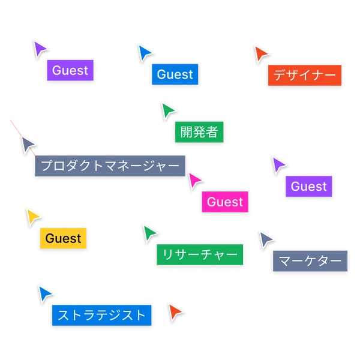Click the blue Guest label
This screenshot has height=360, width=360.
pyautogui.click(x=175, y=74)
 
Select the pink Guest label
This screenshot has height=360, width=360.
pyautogui.click(x=225, y=202)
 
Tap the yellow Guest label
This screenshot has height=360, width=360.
pyautogui.click(x=63, y=238)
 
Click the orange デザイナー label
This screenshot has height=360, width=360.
pyautogui.click(x=304, y=76)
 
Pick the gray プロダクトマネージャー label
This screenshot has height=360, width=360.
pyautogui.click(x=109, y=166)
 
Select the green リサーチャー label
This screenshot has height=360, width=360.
pyautogui.click(x=200, y=254)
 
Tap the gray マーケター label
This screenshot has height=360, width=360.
pyautogui.click(x=310, y=262)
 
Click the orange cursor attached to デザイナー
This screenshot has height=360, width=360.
pyautogui.click(x=260, y=53)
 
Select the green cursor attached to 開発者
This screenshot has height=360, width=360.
pyautogui.click(x=168, y=110)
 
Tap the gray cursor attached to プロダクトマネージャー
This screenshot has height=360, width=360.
pyautogui.click(x=28, y=145)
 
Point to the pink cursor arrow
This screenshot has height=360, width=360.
pyautogui.click(x=195, y=180)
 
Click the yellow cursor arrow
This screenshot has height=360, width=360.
pyautogui.click(x=32, y=216)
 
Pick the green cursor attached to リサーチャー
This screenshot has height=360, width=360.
pyautogui.click(x=149, y=232)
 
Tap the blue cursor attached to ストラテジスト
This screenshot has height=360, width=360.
pyautogui.click(x=44, y=293)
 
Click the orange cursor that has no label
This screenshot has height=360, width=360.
pyautogui.click(x=175, y=312)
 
